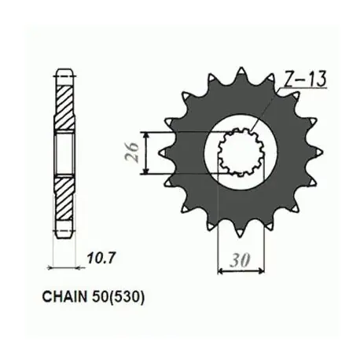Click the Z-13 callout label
pyautogui.click(x=305, y=79)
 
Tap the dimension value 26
pyautogui.click(x=132, y=152)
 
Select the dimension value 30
pyautogui.click(x=240, y=261)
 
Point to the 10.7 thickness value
pyautogui.click(x=101, y=258)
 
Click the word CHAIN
pyautogui.click(x=64, y=297)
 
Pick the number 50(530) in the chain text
pyautogui.click(x=118, y=297)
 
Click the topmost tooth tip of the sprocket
pyautogui.click(x=241, y=69)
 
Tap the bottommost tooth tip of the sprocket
pyautogui.click(x=241, y=236)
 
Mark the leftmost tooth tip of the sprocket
pyautogui.click(x=160, y=152)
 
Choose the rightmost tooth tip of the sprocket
pyautogui.click(x=321, y=152)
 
